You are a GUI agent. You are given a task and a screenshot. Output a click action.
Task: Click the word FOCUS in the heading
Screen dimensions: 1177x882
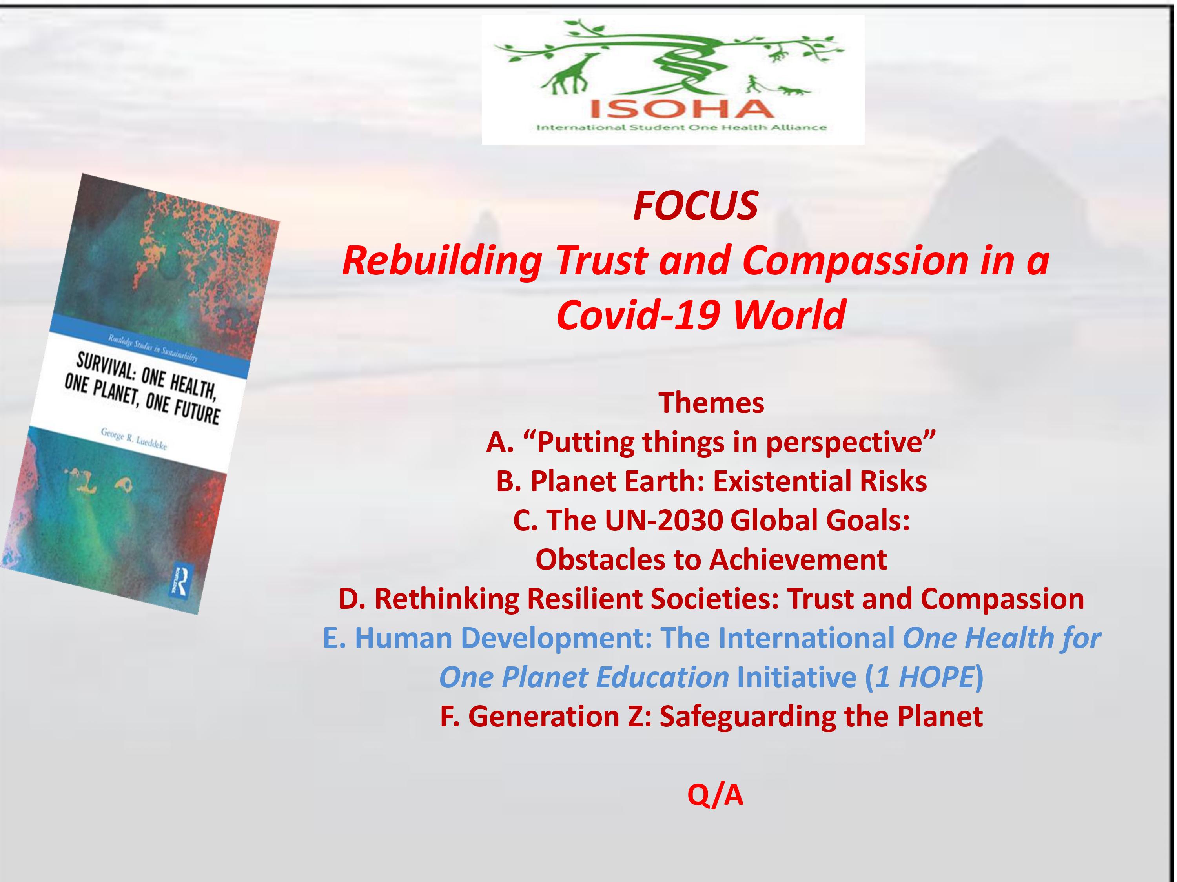(x=696, y=206)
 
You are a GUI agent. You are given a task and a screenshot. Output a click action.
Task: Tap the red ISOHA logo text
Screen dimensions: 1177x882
(x=681, y=109)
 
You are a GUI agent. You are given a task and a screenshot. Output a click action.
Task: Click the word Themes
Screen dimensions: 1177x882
(x=711, y=403)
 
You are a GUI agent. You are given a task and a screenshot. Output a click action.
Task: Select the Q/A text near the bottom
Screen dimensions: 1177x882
(x=715, y=795)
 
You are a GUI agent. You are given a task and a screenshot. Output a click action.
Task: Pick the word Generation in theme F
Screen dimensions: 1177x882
(x=544, y=717)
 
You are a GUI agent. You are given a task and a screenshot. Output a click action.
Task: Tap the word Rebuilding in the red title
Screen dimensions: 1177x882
(x=442, y=261)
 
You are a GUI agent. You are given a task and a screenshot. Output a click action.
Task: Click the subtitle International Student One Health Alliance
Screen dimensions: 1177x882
(x=681, y=127)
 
